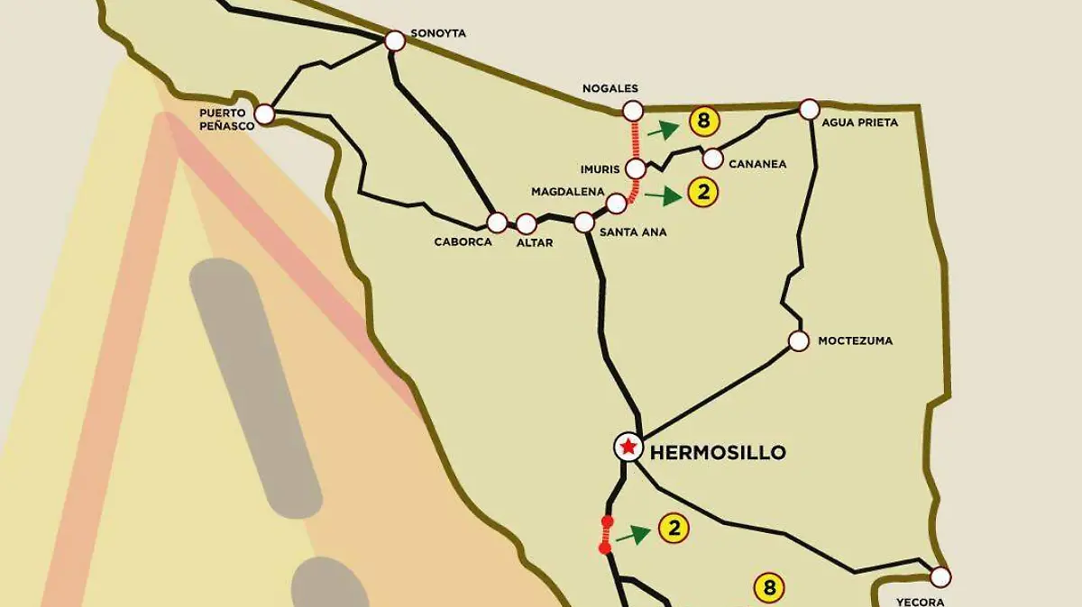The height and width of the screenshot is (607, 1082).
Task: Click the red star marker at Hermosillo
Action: coord(628,446)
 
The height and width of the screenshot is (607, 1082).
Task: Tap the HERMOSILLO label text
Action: coord(718,452)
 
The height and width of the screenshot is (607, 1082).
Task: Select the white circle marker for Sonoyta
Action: coord(395,41)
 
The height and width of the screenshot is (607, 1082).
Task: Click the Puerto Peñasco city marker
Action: coord(264,114)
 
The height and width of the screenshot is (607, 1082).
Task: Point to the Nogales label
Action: coord(610,88)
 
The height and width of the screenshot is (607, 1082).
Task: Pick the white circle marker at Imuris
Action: coord(636,168)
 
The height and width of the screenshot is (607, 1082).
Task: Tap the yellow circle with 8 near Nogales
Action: coord(703,121)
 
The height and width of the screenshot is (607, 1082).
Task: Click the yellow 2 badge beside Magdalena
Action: coord(702,192)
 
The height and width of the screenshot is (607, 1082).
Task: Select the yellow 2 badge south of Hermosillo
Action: coord(674,529)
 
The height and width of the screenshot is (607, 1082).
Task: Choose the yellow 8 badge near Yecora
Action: coord(769,589)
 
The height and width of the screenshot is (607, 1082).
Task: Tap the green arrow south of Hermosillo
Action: coord(634,535)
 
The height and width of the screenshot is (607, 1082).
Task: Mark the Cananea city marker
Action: coord(712,159)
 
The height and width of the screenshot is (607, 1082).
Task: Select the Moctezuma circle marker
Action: coord(798,340)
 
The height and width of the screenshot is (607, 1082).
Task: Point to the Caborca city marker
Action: coord(497,222)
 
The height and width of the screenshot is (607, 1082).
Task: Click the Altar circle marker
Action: coord(527,222)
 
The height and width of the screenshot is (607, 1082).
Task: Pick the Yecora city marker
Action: coord(940,576)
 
